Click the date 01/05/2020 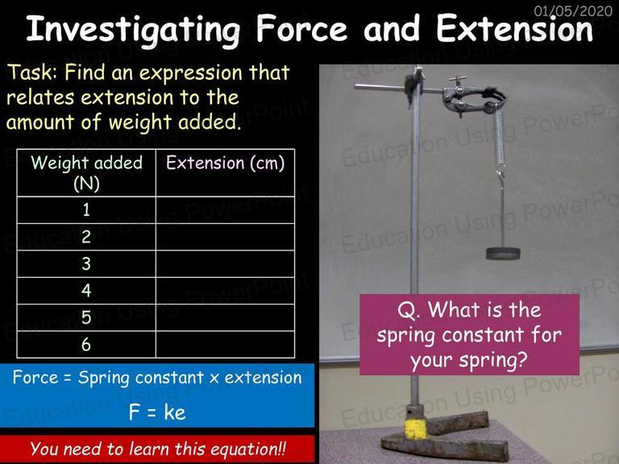coord(573,10)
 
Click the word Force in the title coord(301,28)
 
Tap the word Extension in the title coord(514,28)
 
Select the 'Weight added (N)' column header coord(86,173)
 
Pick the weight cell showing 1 coord(86,210)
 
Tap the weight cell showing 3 coord(86,263)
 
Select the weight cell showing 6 coord(86,345)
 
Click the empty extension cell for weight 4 coord(226,291)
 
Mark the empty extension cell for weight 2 coord(226,237)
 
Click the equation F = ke coord(157,412)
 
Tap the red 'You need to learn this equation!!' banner coord(157,449)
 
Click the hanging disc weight coord(503,253)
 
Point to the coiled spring coord(500,138)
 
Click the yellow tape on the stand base coord(416,429)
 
